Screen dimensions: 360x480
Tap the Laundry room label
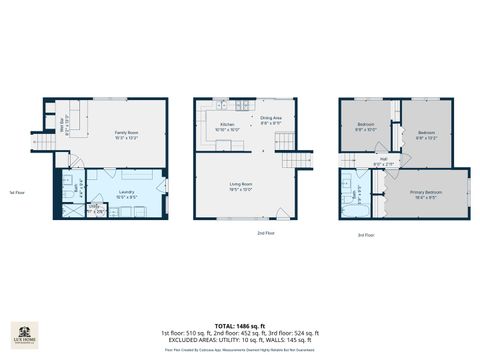click(126, 192)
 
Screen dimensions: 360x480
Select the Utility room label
click(96, 209)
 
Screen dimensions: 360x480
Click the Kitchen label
click(227, 125)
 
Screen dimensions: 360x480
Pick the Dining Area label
click(271, 119)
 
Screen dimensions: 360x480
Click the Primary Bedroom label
click(424, 192)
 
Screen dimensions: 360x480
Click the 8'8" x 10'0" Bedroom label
click(365, 126)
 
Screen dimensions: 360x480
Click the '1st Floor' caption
click(17, 191)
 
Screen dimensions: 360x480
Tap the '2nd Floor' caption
click(265, 233)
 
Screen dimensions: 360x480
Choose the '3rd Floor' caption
click(367, 235)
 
